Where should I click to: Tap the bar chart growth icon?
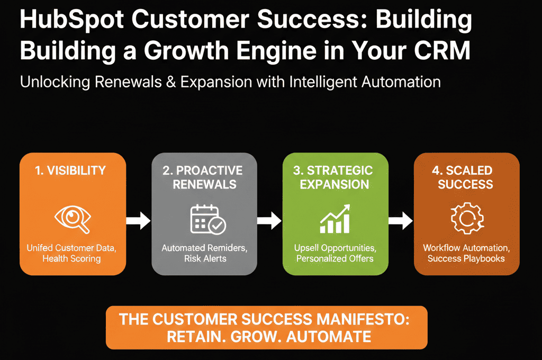(335, 220)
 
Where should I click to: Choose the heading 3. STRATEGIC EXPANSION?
(335, 177)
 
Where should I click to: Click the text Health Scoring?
(71, 258)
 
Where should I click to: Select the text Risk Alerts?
(205, 258)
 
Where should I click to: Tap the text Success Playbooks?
(466, 258)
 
